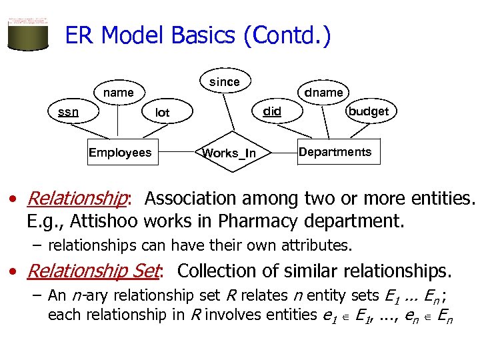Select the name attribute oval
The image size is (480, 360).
118,93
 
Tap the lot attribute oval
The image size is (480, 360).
162,113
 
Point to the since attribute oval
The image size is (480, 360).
225,81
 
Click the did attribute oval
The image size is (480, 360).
272,111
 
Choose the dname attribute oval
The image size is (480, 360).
323,93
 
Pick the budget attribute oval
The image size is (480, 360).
368,111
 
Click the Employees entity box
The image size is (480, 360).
120,153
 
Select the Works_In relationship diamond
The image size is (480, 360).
229,153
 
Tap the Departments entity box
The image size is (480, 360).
335,152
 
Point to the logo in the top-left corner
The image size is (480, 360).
27,31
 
